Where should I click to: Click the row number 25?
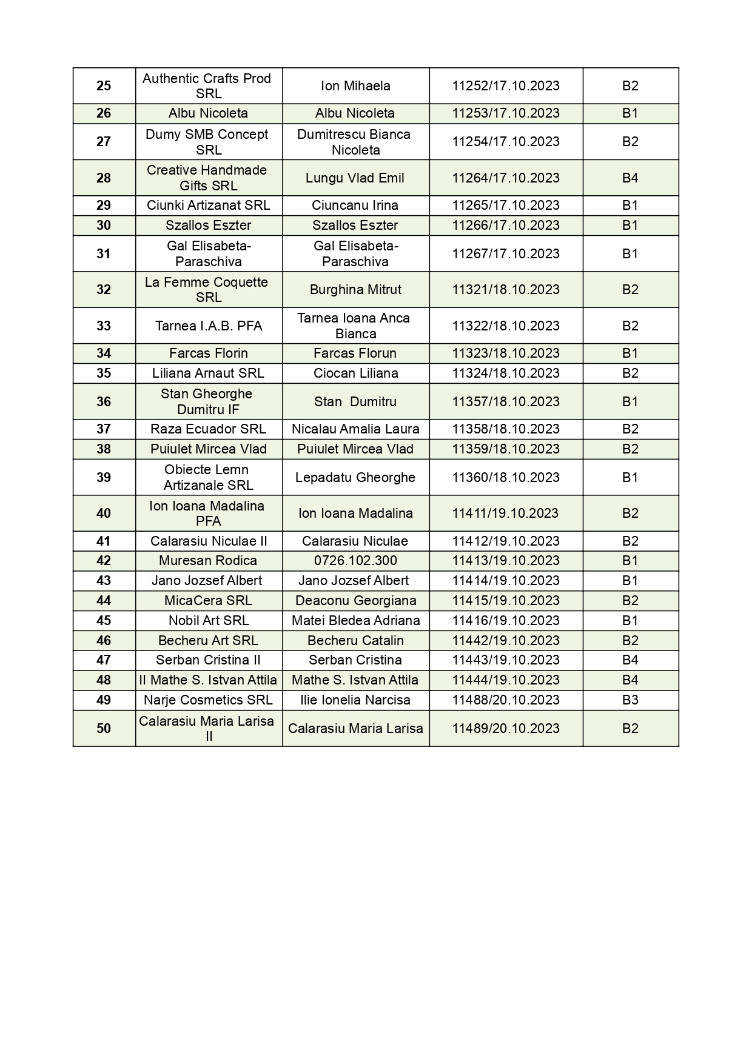click(x=104, y=86)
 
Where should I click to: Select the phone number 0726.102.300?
click(x=355, y=561)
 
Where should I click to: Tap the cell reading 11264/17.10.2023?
click(x=506, y=178)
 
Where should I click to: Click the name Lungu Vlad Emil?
click(x=355, y=178)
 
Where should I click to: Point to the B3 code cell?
click(x=630, y=700)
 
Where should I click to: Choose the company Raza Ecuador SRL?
click(x=208, y=429)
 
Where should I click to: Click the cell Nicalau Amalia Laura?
click(x=355, y=429)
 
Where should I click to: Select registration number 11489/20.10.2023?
click(x=506, y=728)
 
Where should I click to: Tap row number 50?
click(x=104, y=728)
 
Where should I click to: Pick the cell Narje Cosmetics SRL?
click(x=208, y=700)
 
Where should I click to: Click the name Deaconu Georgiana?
click(x=355, y=601)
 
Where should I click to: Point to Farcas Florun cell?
click(x=355, y=353)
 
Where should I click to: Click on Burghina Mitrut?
click(x=355, y=290)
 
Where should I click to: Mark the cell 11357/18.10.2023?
click(x=506, y=402)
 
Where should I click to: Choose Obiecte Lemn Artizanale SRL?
click(x=208, y=477)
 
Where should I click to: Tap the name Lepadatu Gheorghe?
click(x=355, y=478)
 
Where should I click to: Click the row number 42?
click(x=104, y=561)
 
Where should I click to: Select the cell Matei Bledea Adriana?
click(x=355, y=621)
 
